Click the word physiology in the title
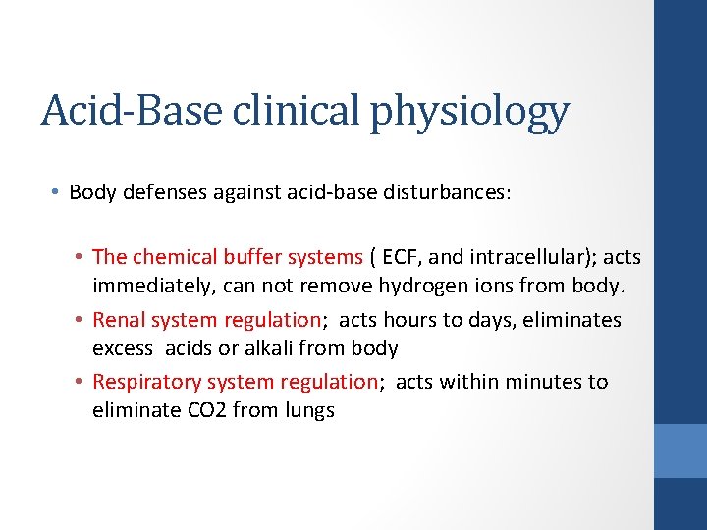coord(470,112)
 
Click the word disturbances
coord(447,192)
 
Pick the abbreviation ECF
coord(399,257)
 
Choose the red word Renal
coord(120,320)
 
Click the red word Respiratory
coord(143,382)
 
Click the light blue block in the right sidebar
coord(680,450)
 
